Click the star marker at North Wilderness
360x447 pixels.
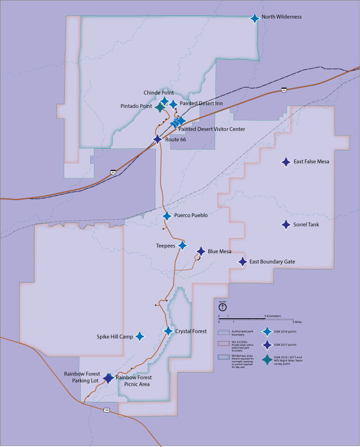[x=254, y=18]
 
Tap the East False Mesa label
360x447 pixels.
[x=311, y=162]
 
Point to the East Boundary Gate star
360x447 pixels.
[x=242, y=262]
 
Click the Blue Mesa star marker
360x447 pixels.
[x=201, y=251]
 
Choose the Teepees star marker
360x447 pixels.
[x=182, y=245]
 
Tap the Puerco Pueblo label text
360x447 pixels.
[x=191, y=216]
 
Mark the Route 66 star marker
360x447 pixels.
[x=157, y=139]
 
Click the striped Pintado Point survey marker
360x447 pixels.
[x=160, y=107]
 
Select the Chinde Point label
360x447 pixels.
[x=159, y=93]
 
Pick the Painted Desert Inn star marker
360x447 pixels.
[x=173, y=104]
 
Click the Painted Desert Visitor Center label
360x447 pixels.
[x=212, y=129]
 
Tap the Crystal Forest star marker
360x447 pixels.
[x=168, y=331]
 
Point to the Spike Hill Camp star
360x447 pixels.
[x=139, y=336]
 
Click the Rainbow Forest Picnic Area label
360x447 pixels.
[x=133, y=381]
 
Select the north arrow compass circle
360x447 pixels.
[x=222, y=307]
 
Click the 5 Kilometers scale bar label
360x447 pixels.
[x=273, y=316]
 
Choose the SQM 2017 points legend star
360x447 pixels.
[x=267, y=344]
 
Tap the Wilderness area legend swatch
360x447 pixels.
[x=224, y=357]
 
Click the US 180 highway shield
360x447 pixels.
[x=107, y=410]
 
